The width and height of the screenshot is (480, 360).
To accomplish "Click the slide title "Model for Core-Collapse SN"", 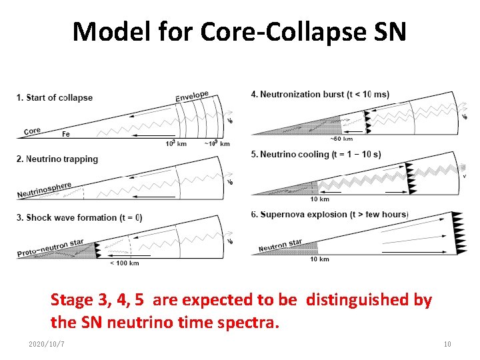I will tap(239, 31).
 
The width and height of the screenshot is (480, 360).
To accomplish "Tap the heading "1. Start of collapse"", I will tap(55, 97).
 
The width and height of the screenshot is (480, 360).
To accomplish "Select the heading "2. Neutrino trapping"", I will tap(57, 159).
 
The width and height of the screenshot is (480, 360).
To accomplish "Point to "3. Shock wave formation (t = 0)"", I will tap(79, 218).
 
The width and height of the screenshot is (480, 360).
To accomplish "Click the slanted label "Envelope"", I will tap(192, 97).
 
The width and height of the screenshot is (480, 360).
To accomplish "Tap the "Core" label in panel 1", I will tap(32, 131).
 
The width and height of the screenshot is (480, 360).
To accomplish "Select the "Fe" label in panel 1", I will tap(65, 134).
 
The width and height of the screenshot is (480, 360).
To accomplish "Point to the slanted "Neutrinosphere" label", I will tap(44, 190).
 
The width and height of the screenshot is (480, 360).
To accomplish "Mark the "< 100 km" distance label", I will tap(124, 263).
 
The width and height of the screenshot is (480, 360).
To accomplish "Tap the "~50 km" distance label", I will tap(341, 139).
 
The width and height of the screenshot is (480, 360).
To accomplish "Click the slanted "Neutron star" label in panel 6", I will tap(280, 245).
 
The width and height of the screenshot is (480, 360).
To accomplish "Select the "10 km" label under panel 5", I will tap(319, 199).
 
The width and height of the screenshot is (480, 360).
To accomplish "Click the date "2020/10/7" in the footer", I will tap(47, 344).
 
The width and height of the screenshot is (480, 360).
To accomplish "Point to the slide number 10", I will tap(447, 344).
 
